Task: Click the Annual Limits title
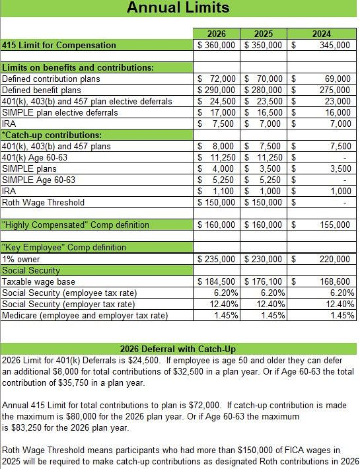pyautogui.click(x=178, y=8)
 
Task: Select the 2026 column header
pyautogui.click(x=217, y=34)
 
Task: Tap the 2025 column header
pyautogui.click(x=264, y=34)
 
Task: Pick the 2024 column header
pyautogui.click(x=322, y=34)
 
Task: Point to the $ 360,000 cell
pyautogui.click(x=217, y=45)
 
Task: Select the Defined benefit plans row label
pyautogui.click(x=42, y=90)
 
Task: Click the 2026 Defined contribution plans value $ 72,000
pyautogui.click(x=217, y=79)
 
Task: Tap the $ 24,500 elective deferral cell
pyautogui.click(x=217, y=101)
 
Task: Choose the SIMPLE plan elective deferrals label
pyautogui.click(x=60, y=112)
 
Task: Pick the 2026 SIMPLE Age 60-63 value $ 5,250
pyautogui.click(x=217, y=180)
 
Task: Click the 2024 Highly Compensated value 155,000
pyautogui.click(x=336, y=225)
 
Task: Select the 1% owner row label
pyautogui.click(x=21, y=259)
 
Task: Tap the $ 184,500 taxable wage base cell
pyautogui.click(x=217, y=281)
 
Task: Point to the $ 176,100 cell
pyautogui.click(x=264, y=281)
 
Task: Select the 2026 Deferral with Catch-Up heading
pyautogui.click(x=178, y=349)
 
